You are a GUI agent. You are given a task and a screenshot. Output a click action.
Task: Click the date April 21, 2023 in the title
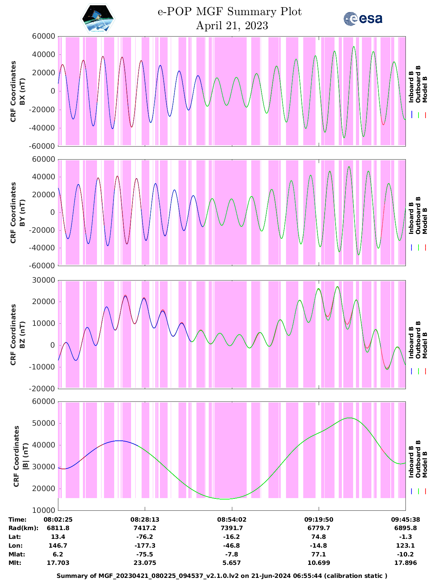coord(232,26)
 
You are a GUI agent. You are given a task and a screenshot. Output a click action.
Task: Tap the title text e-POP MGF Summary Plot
coord(229,12)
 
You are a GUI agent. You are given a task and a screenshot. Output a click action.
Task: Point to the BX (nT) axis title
coord(22,91)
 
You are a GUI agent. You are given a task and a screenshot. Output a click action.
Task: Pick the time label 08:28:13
coord(145,520)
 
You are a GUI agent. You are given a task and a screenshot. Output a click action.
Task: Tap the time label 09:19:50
coord(319,520)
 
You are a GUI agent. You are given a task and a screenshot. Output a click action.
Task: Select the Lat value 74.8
coord(319,537)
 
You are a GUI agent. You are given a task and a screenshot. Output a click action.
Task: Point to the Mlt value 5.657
coord(232,563)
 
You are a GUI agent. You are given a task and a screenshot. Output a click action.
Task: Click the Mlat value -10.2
coord(405,554)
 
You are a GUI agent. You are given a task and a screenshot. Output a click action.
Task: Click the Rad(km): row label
coord(23,528)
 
